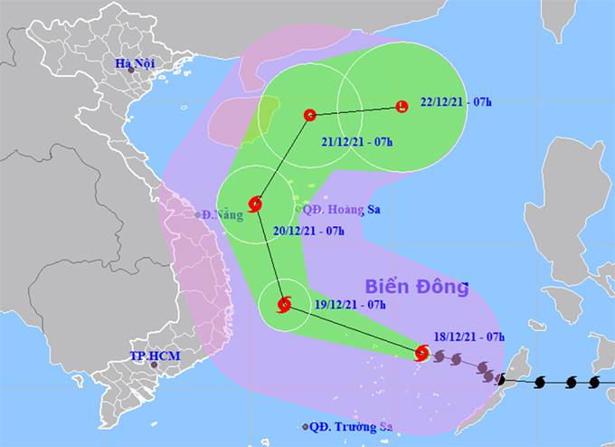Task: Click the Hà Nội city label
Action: click(x=135, y=63)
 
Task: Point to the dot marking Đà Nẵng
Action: click(x=198, y=215)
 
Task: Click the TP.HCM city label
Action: click(x=156, y=356)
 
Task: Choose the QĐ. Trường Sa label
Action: click(x=348, y=427)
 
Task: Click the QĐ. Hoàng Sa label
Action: click(x=339, y=208)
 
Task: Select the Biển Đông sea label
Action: click(x=417, y=288)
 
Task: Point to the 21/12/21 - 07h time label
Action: click(x=357, y=143)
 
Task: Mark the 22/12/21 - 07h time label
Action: click(x=457, y=102)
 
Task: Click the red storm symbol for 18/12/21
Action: click(x=421, y=353)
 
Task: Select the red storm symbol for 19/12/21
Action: click(x=285, y=304)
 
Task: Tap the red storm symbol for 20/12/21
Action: click(x=256, y=204)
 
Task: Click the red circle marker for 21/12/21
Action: click(x=309, y=115)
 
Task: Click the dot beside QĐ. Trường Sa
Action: click(x=305, y=427)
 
